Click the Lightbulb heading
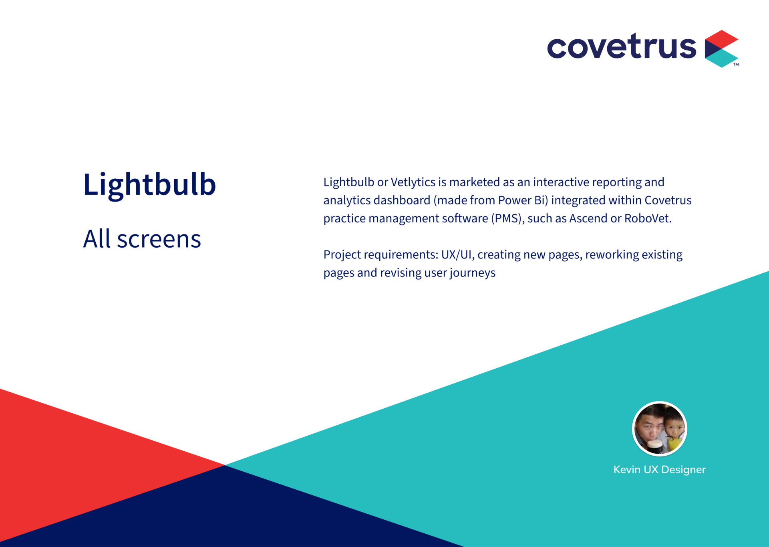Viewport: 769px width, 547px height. [149, 185]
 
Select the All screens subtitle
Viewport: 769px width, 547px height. [142, 239]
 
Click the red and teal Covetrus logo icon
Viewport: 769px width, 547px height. [721, 48]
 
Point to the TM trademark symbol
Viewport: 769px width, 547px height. [736, 64]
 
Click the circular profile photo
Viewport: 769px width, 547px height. [659, 429]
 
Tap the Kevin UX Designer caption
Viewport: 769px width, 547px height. [659, 470]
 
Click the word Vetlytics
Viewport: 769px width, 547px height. [413, 182]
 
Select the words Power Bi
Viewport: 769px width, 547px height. [521, 200]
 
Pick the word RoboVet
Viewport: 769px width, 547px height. [648, 218]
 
